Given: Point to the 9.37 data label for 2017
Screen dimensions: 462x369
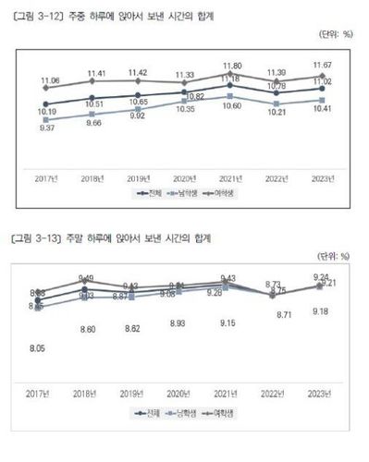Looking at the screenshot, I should click(46, 128).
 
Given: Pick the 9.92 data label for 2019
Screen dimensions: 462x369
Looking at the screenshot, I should click(138, 116).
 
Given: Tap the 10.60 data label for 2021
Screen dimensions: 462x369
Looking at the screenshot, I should click(228, 106).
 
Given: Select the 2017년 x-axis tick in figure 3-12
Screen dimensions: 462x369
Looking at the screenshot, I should click(46, 176).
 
